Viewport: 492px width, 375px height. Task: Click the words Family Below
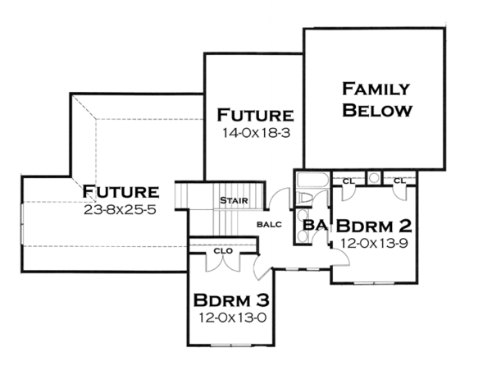(376, 98)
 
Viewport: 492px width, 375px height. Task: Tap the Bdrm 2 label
(373, 225)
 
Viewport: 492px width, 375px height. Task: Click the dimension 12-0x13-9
(373, 242)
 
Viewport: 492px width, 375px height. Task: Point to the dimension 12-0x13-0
(231, 316)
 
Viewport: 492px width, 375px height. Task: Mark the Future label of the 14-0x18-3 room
(254, 115)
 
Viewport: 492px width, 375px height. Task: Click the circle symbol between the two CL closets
(373, 177)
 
